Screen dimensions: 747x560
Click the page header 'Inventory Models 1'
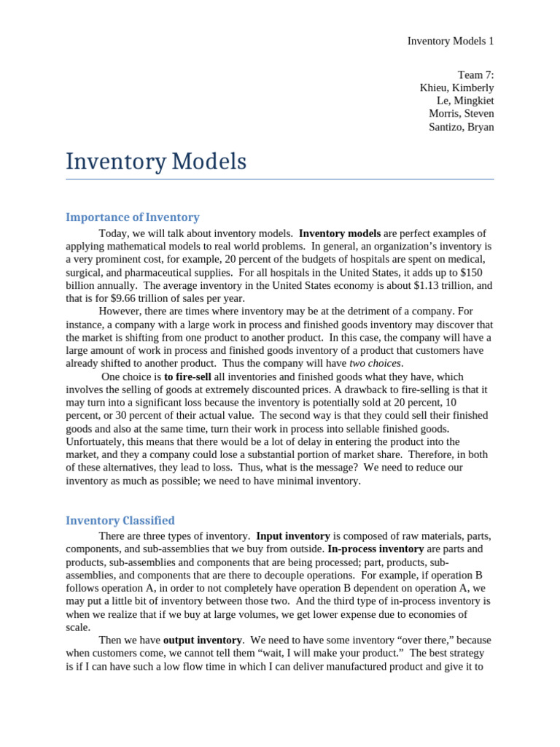(x=450, y=41)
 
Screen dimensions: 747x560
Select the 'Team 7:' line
(x=475, y=74)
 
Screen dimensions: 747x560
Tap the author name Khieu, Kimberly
(x=456, y=88)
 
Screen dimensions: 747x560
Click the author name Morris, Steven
(x=461, y=114)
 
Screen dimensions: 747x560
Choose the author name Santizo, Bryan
(x=461, y=127)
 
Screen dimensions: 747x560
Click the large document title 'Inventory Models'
(x=156, y=161)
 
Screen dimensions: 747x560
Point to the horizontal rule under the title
(x=279, y=179)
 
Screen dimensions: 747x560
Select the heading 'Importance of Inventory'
(x=132, y=217)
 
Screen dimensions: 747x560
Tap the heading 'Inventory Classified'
(x=120, y=520)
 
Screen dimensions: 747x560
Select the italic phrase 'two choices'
(x=376, y=363)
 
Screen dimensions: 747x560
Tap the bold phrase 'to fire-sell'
(x=190, y=377)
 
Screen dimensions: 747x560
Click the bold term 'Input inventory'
(x=293, y=535)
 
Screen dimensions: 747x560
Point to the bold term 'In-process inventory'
(x=376, y=549)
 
